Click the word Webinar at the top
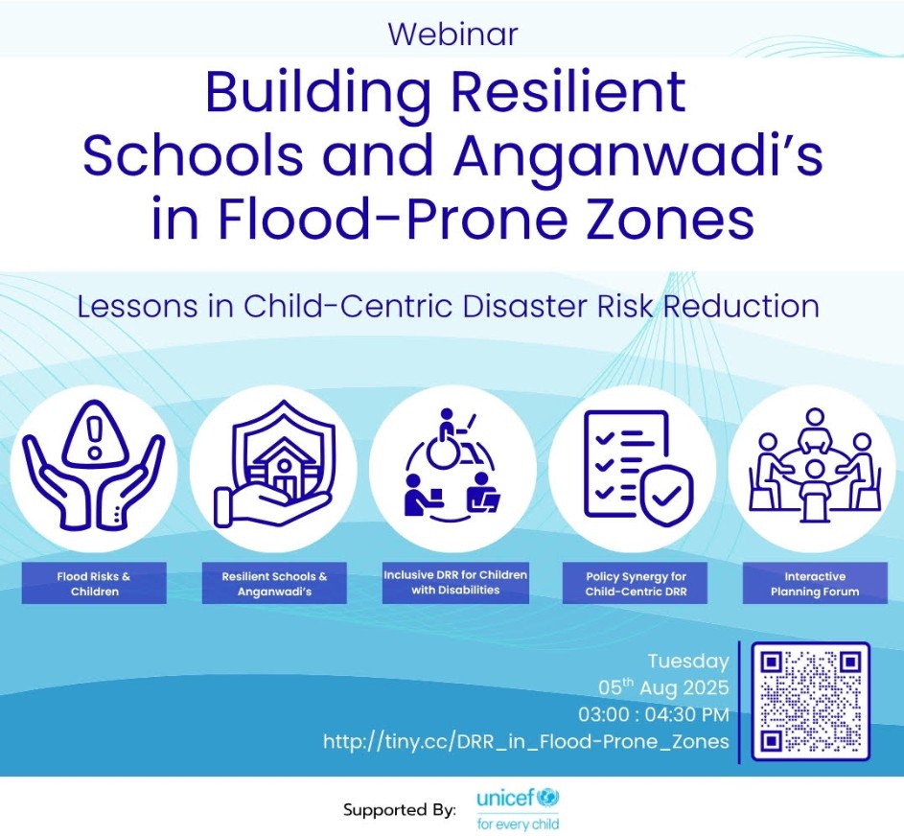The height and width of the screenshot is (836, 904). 453,34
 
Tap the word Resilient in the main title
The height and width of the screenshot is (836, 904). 568,92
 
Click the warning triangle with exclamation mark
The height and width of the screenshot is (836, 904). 94,434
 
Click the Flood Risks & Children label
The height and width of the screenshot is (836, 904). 94,584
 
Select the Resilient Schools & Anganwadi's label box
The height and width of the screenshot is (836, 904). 274,584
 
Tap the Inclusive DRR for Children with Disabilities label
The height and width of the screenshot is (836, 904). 455,582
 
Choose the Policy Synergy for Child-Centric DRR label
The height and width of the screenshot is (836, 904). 636,584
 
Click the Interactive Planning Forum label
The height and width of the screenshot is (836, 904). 815,584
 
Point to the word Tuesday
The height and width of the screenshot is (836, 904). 688,662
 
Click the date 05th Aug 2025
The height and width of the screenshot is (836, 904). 663,687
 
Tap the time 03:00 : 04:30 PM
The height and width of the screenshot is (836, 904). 654,714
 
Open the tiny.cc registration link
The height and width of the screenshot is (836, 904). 526,741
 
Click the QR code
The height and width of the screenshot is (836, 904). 811,701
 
